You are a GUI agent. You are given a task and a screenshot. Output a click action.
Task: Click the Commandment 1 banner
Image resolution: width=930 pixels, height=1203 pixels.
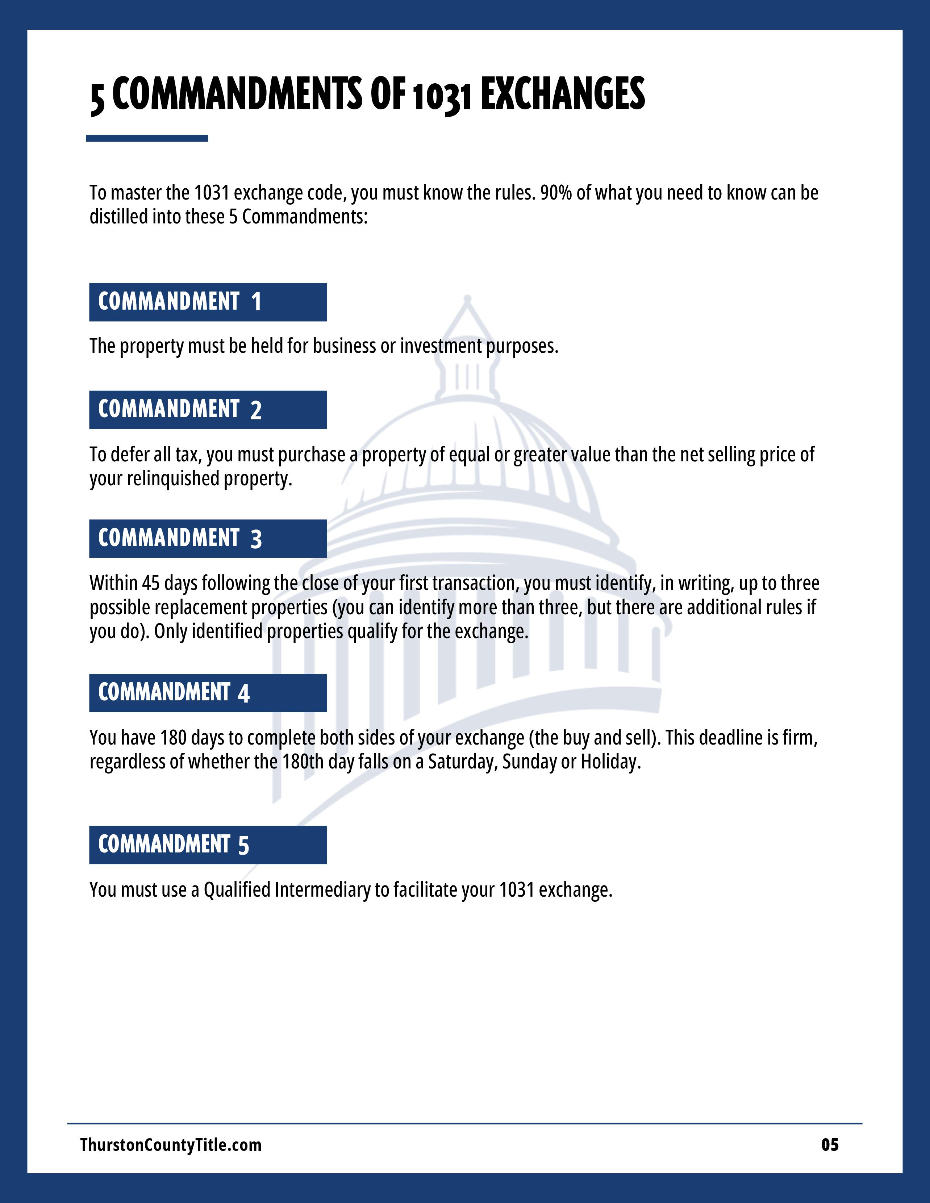208,302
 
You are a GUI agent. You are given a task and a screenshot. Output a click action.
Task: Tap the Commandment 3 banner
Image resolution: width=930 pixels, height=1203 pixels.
208,538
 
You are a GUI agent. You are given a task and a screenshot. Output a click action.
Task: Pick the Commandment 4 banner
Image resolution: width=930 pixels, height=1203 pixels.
208,692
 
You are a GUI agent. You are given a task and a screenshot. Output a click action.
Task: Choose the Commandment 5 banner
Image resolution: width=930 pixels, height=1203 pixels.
208,844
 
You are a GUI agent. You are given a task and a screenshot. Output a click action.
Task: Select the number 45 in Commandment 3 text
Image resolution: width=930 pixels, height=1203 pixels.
150,583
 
